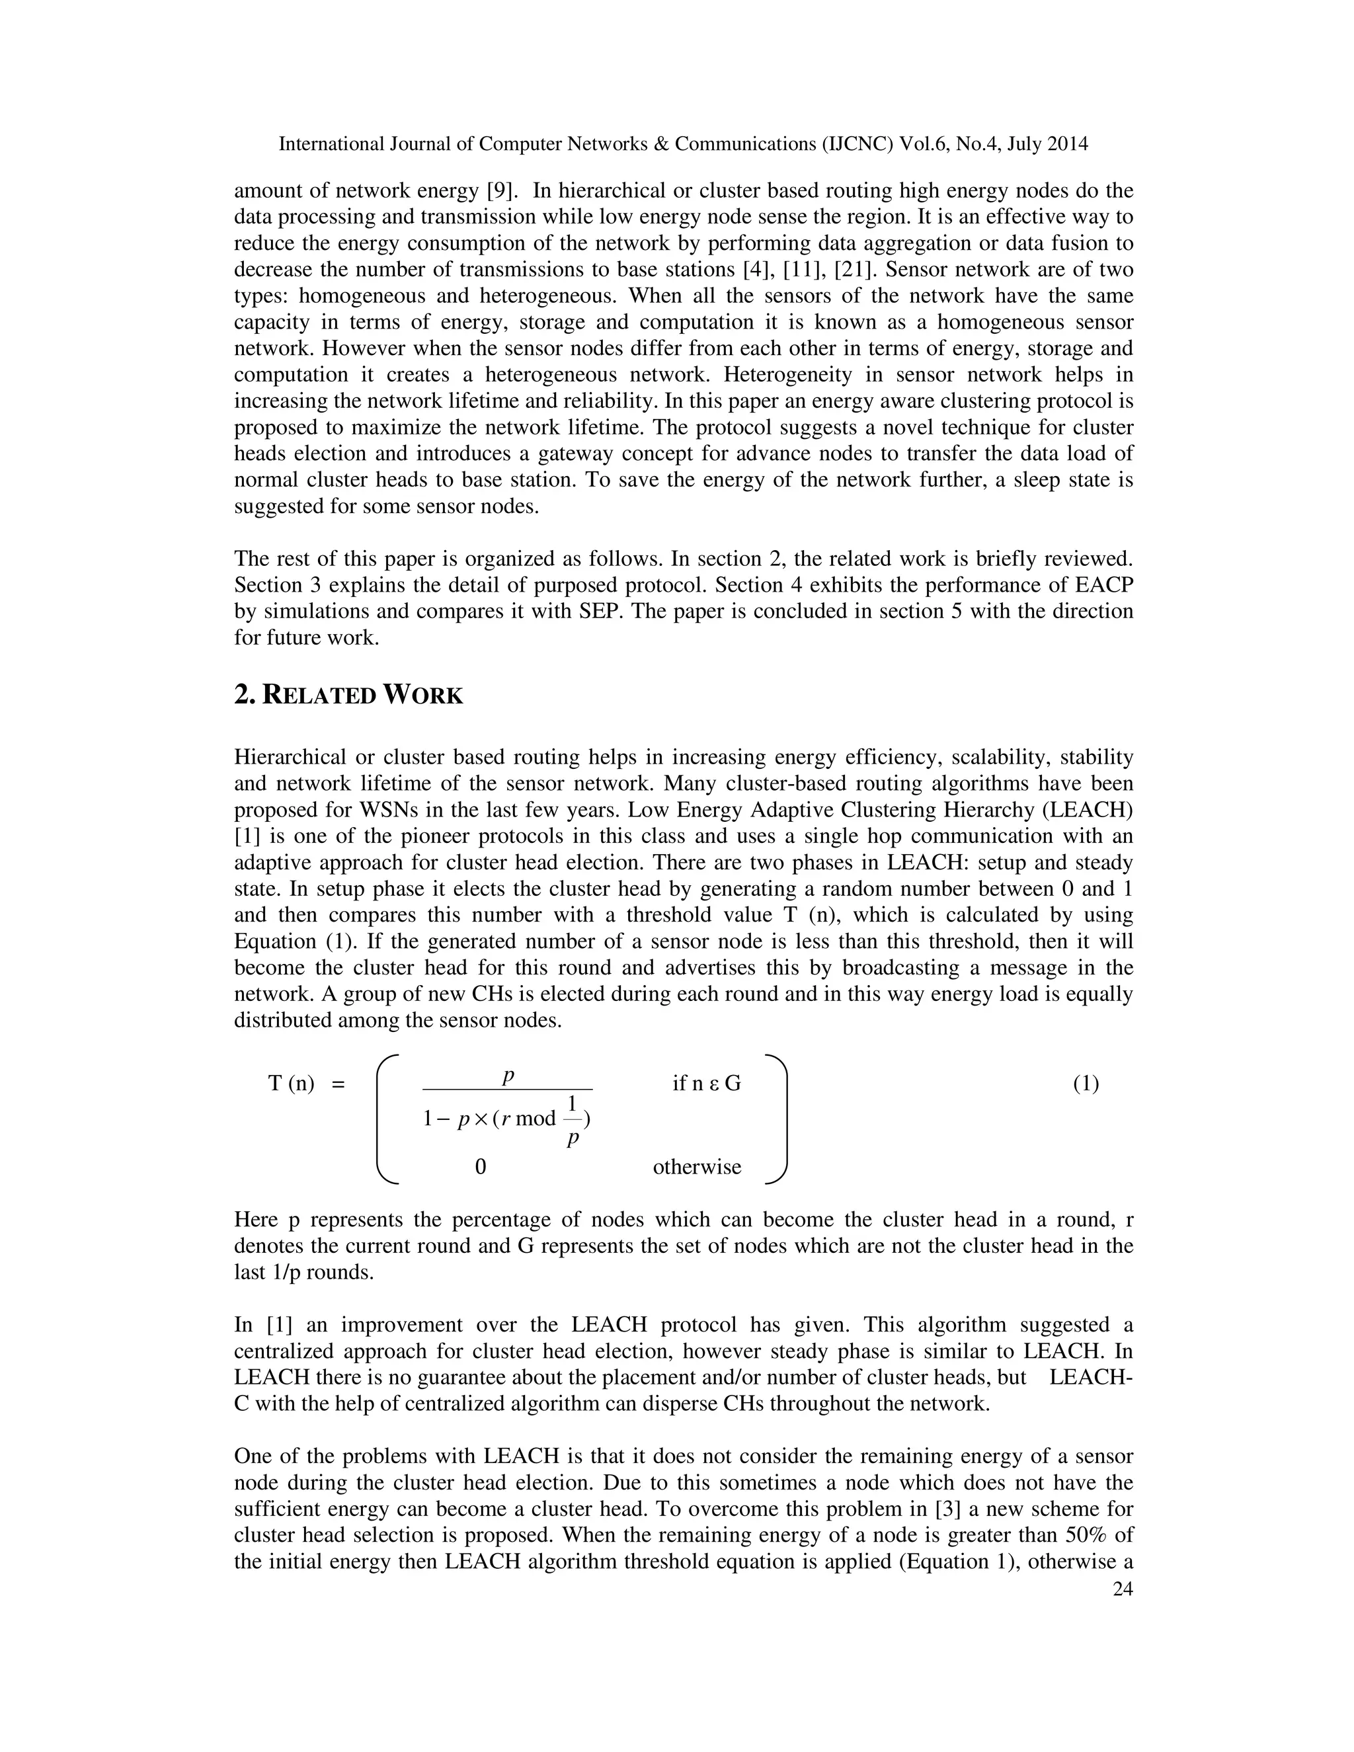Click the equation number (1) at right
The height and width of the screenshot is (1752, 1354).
coord(1086,1084)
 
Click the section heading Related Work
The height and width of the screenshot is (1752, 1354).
coord(348,695)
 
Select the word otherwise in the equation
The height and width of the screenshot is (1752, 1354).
coord(696,1166)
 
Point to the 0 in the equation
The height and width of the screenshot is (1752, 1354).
coord(481,1166)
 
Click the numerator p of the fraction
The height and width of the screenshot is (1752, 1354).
coord(508,1075)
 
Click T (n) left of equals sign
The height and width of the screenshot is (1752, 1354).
coord(290,1084)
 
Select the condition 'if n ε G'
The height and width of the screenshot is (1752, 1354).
coord(706,1084)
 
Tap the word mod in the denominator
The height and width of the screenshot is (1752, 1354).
coord(535,1118)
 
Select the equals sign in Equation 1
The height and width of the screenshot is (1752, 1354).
coord(338,1084)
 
